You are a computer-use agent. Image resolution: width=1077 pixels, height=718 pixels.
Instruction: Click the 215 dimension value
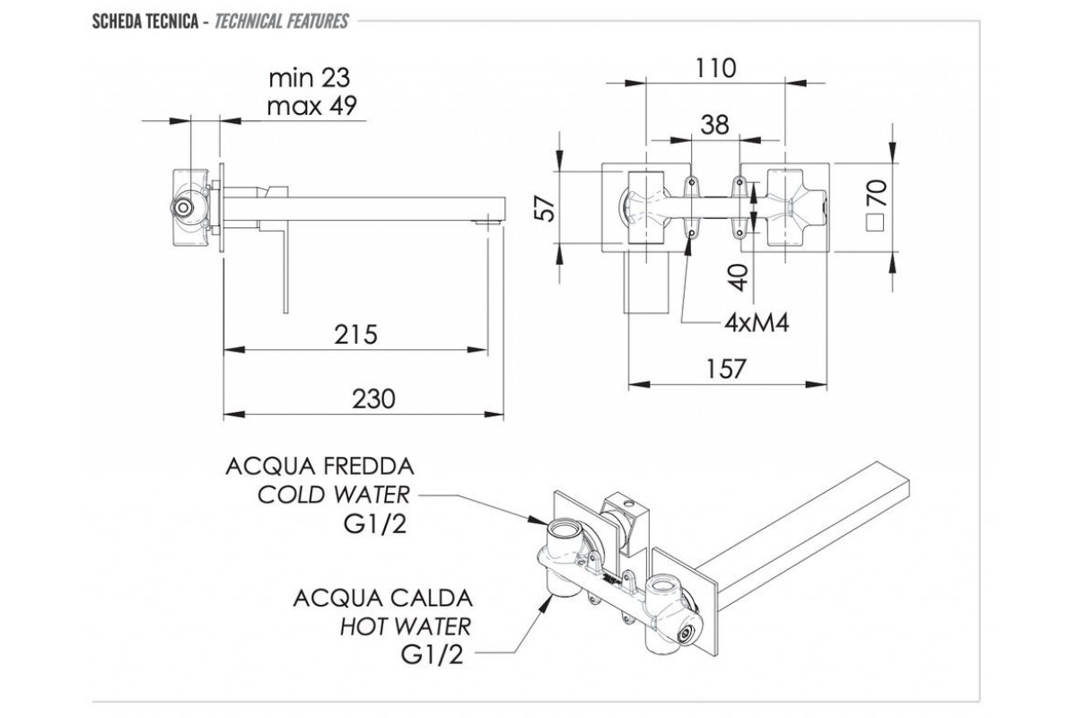(357, 334)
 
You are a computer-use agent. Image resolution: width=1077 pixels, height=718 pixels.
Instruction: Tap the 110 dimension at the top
(714, 67)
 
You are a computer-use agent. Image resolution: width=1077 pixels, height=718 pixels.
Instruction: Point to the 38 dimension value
(714, 125)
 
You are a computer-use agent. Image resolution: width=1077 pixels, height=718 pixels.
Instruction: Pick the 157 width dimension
(727, 369)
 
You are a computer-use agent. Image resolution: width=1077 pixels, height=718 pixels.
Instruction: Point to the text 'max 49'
(312, 105)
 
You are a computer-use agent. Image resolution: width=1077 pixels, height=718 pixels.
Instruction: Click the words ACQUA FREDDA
(320, 467)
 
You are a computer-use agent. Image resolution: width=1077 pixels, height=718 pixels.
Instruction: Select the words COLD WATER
(332, 495)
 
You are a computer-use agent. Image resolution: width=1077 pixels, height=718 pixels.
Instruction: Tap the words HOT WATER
(404, 625)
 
